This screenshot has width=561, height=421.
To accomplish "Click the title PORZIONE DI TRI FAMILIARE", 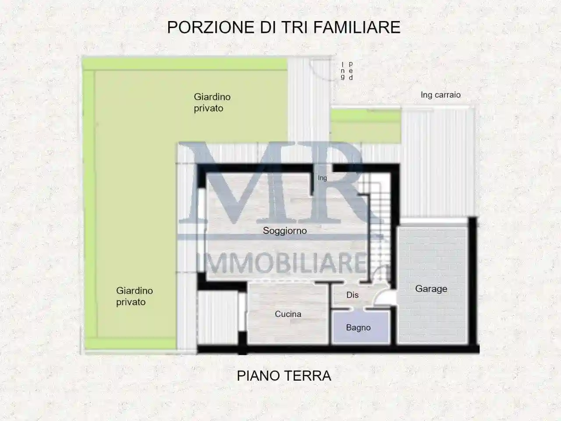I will (284, 27).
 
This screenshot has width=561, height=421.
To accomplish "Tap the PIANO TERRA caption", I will (284, 376).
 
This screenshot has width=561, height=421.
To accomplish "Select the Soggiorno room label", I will (284, 231).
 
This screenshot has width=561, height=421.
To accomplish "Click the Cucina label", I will (288, 314).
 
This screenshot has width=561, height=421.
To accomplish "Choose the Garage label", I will (431, 289).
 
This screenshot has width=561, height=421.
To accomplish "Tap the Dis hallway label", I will (352, 295).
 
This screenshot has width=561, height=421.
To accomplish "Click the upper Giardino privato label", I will (212, 102).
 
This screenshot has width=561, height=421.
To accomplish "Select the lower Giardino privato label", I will (134, 296).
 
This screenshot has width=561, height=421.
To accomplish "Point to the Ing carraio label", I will (440, 95).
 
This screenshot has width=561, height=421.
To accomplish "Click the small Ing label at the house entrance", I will (323, 178).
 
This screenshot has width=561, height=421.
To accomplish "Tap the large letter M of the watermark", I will (228, 184).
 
